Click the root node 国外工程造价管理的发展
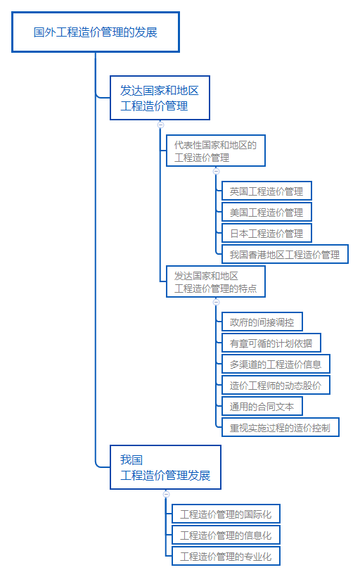96,32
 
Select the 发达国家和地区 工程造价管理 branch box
160,98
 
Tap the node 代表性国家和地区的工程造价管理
216,151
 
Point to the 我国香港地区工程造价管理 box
284,254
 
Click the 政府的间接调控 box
262,322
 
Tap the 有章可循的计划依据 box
271,343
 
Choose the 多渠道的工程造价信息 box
276,364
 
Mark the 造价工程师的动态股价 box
276,386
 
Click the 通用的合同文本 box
262,406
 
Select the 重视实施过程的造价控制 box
280,427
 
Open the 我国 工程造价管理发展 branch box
165,467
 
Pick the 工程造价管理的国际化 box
226,514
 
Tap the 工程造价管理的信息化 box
226,535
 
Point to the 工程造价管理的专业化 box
226,557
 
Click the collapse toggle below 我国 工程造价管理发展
166,494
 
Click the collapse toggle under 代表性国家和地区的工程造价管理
216,171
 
